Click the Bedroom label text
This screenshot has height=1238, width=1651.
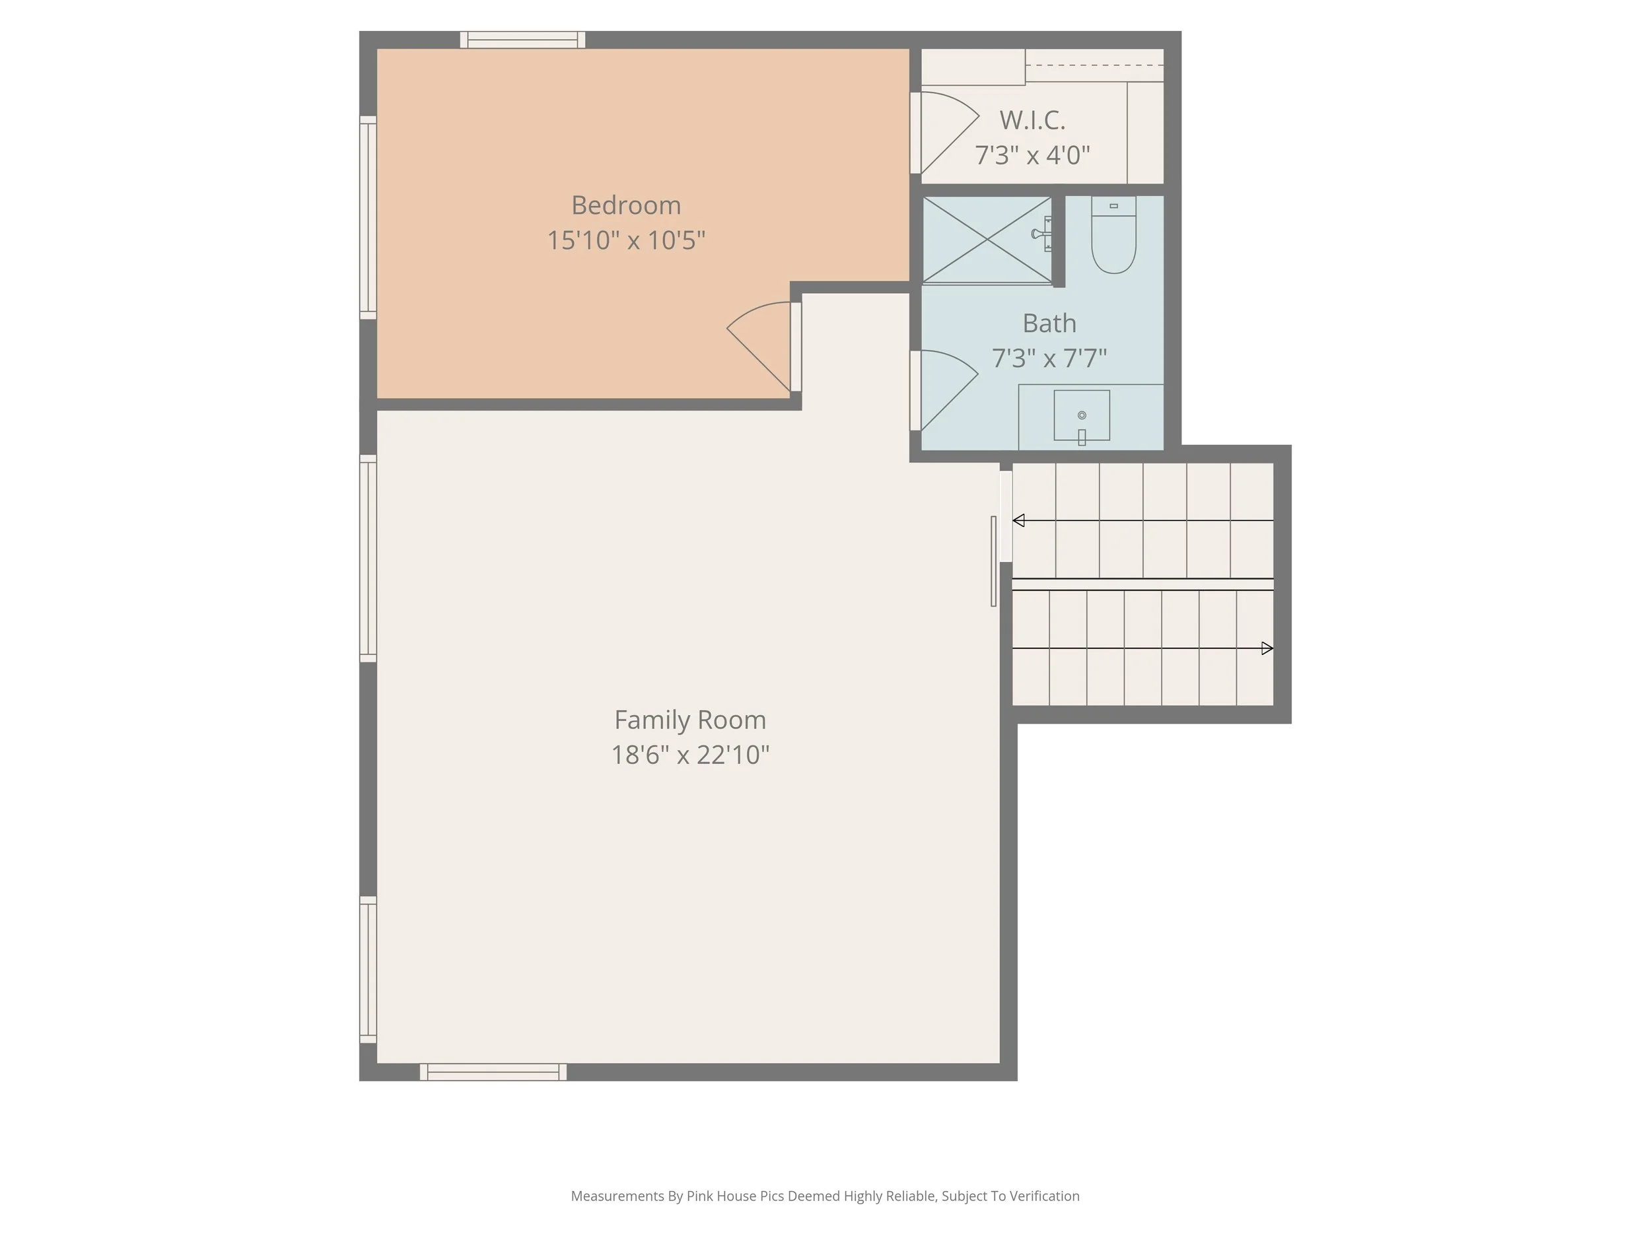(625, 205)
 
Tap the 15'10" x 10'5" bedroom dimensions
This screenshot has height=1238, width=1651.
(625, 240)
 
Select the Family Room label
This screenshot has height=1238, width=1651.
(689, 720)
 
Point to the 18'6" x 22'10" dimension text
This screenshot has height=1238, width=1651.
(689, 755)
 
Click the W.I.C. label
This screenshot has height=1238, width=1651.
(1032, 120)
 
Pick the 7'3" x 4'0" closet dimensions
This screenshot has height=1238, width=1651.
(1032, 155)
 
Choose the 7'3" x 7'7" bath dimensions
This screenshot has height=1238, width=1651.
(1049, 358)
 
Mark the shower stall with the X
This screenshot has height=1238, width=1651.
(987, 240)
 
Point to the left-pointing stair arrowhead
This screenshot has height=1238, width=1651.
(1018, 520)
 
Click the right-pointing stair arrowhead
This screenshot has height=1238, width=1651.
(1267, 648)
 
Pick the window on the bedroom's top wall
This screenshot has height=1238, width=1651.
(522, 40)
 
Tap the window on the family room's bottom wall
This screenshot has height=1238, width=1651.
(493, 1072)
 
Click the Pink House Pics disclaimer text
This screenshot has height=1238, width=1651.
(825, 1196)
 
